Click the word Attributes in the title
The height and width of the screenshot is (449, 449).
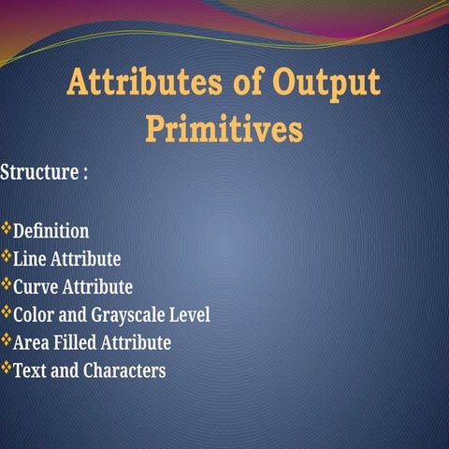[x=144, y=82]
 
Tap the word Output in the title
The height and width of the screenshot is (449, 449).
[x=326, y=84]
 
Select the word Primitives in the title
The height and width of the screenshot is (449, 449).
[x=224, y=128]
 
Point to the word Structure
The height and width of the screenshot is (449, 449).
[x=39, y=172]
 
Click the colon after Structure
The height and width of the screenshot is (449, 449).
[x=85, y=174]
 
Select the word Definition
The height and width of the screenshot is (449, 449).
[x=51, y=231]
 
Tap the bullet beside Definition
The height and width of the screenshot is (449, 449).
[x=7, y=228]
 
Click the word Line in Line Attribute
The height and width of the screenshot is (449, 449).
[x=30, y=259]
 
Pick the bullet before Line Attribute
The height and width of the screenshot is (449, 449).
[x=7, y=256]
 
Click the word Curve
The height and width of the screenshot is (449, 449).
[x=36, y=287]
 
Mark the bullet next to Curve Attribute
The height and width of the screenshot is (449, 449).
[x=7, y=284]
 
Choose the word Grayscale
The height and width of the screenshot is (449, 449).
[x=127, y=315]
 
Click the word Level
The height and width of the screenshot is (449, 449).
[x=190, y=314]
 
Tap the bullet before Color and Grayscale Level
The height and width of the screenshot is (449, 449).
[x=7, y=311]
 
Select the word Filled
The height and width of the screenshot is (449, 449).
[x=75, y=342]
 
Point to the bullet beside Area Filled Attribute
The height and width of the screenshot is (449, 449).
[x=7, y=340]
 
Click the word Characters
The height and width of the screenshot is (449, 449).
[x=124, y=370]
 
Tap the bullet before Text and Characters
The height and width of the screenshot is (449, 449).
[x=7, y=368]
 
